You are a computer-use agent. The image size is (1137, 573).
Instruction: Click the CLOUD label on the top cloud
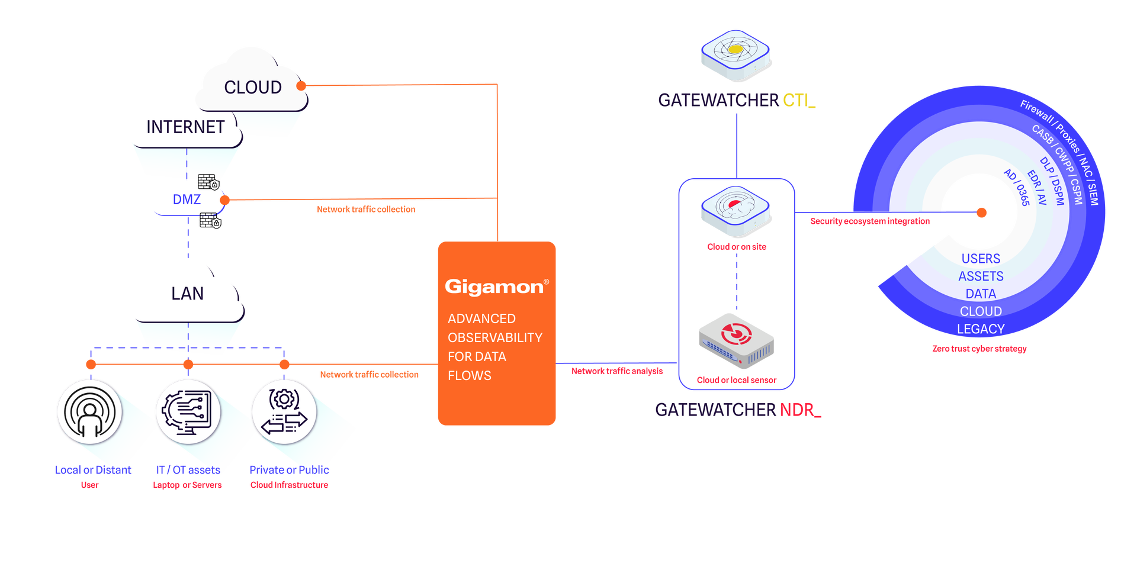253,88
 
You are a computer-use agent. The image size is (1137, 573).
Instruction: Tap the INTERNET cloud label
185,127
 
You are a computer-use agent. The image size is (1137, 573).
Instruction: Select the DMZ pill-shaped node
187,200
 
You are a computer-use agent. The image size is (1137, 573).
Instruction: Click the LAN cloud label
187,294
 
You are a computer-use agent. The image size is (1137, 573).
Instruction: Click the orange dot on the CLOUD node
301,86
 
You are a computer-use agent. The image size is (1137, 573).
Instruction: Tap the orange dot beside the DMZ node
225,199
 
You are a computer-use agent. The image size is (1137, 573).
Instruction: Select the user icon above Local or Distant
89,412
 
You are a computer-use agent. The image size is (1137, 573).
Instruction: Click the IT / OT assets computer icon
188,412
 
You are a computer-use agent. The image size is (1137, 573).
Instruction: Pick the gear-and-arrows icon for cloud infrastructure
284,412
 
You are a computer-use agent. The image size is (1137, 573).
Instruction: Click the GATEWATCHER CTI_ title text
737,101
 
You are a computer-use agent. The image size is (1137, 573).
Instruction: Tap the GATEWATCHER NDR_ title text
738,410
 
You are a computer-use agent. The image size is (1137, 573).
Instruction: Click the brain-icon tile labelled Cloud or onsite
735,211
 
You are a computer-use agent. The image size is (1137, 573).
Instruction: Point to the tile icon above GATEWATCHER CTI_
735,54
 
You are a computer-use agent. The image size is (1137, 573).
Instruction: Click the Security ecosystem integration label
870,221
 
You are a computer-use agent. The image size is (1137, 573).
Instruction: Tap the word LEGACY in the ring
981,329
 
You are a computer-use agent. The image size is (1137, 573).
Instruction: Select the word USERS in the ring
981,259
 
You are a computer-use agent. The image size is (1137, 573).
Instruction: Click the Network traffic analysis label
617,371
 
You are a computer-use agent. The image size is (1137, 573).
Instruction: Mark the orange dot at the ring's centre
982,212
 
